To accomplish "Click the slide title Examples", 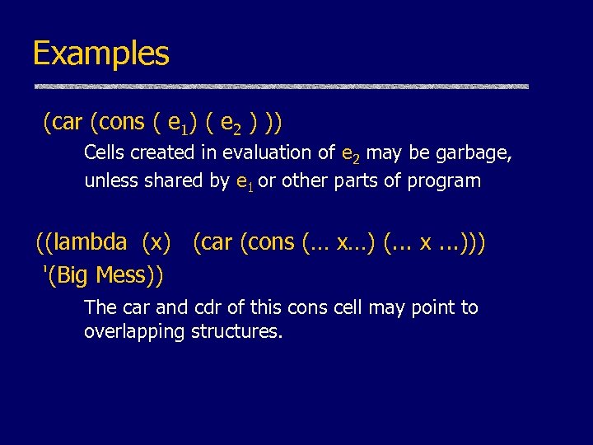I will pyautogui.click(x=100, y=54).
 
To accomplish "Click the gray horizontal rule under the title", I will pyautogui.click(x=281, y=86).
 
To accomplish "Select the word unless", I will pyautogui.click(x=109, y=181).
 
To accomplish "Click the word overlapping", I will pyautogui.click(x=134, y=332).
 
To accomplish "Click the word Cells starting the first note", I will pyautogui.click(x=105, y=152).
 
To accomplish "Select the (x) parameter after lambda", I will pyautogui.click(x=156, y=242).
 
